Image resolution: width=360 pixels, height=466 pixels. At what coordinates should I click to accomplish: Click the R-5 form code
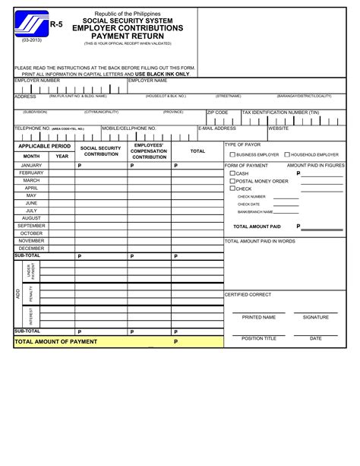coord(56,24)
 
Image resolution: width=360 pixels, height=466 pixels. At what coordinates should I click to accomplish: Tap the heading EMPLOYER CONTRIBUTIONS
coord(138,28)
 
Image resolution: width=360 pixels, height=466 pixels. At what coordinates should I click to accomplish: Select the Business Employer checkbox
coord(232,154)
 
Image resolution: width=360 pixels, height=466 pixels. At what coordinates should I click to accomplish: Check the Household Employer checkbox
coord(287,154)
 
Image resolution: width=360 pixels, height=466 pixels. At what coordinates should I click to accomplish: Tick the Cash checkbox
coord(232,173)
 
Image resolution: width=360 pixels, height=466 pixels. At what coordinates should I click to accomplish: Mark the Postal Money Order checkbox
coord(232,181)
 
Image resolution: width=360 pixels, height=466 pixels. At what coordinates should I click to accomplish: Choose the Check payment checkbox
coord(232,189)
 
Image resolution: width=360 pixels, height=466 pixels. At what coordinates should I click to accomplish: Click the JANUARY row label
coord(31,165)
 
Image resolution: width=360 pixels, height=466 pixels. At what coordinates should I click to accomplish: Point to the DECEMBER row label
coord(31,249)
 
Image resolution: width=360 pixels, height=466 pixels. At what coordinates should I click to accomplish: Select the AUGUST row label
coord(31,218)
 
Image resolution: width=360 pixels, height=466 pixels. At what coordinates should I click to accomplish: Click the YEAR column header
coord(62,156)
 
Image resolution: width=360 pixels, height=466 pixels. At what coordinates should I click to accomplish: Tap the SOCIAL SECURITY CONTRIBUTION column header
coord(101,151)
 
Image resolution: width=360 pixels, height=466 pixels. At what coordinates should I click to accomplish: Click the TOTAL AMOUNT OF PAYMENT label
coord(57,341)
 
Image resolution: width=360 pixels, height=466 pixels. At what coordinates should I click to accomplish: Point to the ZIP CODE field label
coord(217,112)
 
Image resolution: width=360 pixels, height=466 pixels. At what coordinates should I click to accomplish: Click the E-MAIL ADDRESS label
coord(217,128)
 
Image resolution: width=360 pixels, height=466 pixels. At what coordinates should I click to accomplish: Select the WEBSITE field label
coord(279,128)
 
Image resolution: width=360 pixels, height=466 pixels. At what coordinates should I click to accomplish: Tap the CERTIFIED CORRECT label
coord(248,294)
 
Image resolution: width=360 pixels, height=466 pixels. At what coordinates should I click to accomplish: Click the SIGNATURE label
coord(316,317)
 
